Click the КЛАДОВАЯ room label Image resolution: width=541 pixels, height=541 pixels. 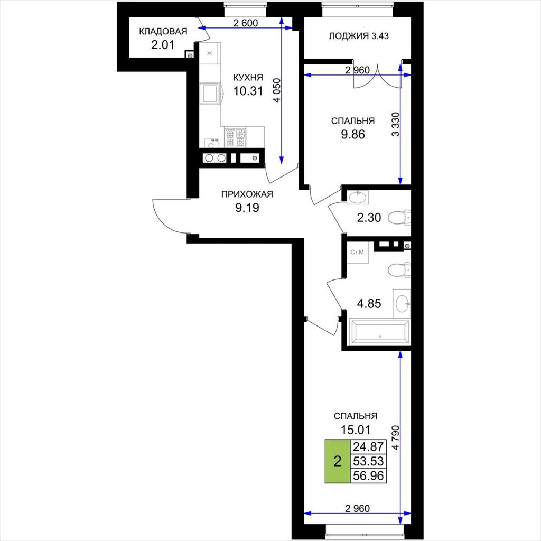pos(163,31)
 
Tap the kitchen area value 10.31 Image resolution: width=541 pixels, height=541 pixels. pos(248,91)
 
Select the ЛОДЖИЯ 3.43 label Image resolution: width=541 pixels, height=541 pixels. pos(359,36)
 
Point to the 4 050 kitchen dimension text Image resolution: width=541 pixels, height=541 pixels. pos(277,90)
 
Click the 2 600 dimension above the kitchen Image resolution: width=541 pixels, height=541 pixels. pos(245,23)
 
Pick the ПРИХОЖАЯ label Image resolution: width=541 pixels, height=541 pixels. pos(247,194)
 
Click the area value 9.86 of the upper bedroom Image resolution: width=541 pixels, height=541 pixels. pos(352,135)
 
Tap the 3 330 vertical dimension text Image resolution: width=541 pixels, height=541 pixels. pos(395,124)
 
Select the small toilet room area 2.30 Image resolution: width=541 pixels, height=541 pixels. pos(369,218)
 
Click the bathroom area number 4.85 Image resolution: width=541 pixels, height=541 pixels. pos(369,304)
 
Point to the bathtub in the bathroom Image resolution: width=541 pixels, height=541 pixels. pos(379,332)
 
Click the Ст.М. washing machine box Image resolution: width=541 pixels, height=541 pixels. pos(358,253)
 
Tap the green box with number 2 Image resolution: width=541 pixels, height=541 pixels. pos(338,461)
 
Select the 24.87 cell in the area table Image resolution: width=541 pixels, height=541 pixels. pos(368,447)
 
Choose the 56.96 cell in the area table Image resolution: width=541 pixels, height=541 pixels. pos(368,476)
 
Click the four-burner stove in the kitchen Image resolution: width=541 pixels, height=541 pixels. pos(235,137)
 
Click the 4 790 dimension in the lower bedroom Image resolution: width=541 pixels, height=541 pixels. pos(395,437)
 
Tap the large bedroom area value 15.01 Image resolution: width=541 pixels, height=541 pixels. pos(356,430)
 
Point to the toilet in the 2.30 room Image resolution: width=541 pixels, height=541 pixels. pos(399,218)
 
